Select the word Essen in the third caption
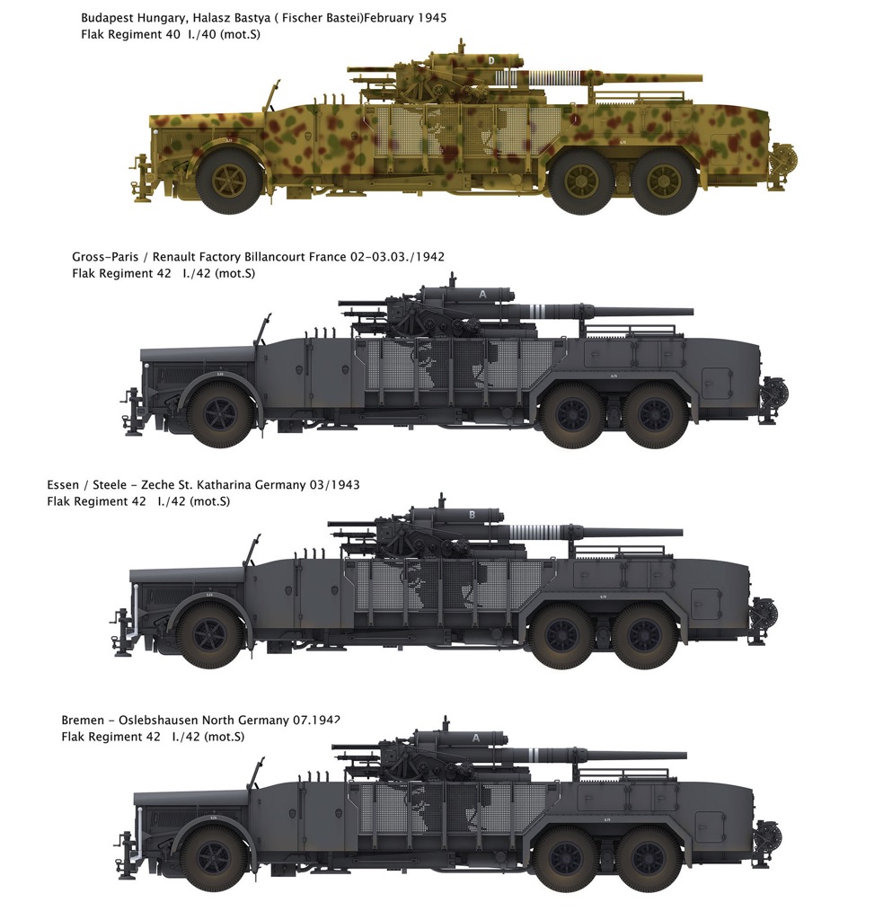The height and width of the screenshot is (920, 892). [x=63, y=485]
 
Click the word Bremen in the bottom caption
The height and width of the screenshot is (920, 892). [x=83, y=721]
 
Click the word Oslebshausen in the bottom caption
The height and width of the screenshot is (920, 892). [x=158, y=721]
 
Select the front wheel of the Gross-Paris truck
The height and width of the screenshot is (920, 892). [x=220, y=414]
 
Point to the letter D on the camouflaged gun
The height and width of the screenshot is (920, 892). [x=491, y=60]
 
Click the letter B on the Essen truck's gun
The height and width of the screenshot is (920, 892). [x=472, y=515]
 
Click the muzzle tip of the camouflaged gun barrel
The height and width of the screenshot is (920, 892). [x=701, y=78]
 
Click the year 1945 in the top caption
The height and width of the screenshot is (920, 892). [x=432, y=18]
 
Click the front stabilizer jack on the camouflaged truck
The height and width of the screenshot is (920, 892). [x=141, y=179]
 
